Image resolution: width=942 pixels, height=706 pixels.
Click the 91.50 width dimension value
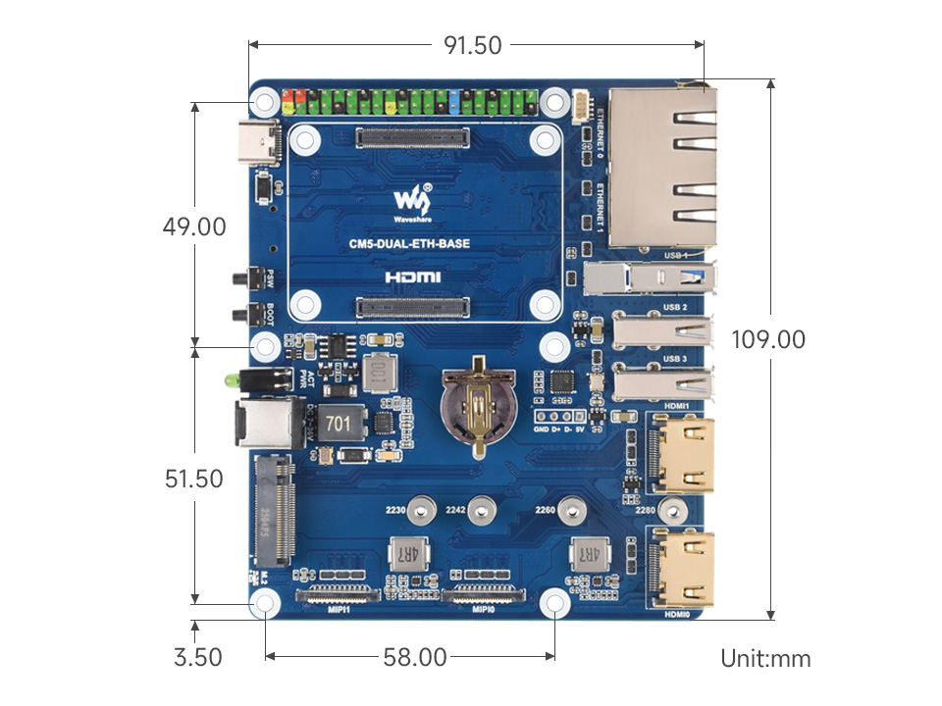pos(474,45)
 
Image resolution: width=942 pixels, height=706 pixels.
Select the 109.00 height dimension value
pos(768,339)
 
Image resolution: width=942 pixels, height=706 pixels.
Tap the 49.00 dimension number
pos(194,227)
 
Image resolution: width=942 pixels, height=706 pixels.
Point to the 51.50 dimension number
pos(194,479)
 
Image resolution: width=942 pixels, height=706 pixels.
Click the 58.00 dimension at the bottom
pos(410,657)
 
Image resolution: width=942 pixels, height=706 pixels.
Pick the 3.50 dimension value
pos(197,657)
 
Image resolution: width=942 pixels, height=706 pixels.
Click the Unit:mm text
pos(765,658)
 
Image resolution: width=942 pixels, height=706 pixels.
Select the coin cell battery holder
pos(476,402)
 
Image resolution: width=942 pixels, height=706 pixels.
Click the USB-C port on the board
pos(257,144)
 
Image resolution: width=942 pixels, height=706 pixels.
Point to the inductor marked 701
pos(337,424)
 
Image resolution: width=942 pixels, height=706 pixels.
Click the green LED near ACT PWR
pos(231,378)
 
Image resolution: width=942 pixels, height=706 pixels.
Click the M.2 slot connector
pos(275,511)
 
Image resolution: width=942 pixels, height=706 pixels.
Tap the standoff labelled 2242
pos(480,510)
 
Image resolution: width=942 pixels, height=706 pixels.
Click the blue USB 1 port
pos(648,277)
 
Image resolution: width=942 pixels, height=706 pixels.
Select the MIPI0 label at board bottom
pos(483,608)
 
